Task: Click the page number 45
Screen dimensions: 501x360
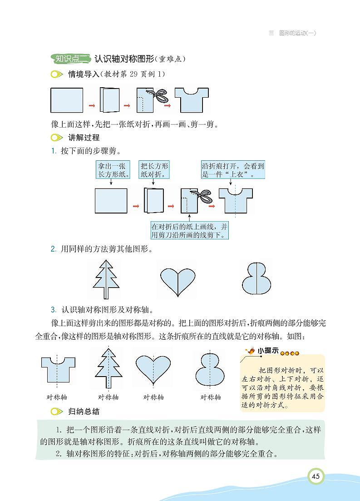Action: click(x=316, y=476)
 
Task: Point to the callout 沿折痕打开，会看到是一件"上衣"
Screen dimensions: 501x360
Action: click(x=233, y=170)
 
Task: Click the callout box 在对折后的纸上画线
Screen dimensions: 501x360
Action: click(x=190, y=230)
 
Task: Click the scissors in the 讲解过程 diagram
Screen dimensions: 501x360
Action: click(x=202, y=196)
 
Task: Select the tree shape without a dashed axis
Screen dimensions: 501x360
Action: click(x=106, y=278)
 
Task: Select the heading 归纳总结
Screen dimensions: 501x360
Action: click(x=84, y=412)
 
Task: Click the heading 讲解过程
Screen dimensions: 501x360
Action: click(x=84, y=137)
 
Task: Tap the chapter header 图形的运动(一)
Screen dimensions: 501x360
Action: click(x=297, y=33)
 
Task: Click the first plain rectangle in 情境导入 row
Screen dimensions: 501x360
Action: click(x=67, y=100)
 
